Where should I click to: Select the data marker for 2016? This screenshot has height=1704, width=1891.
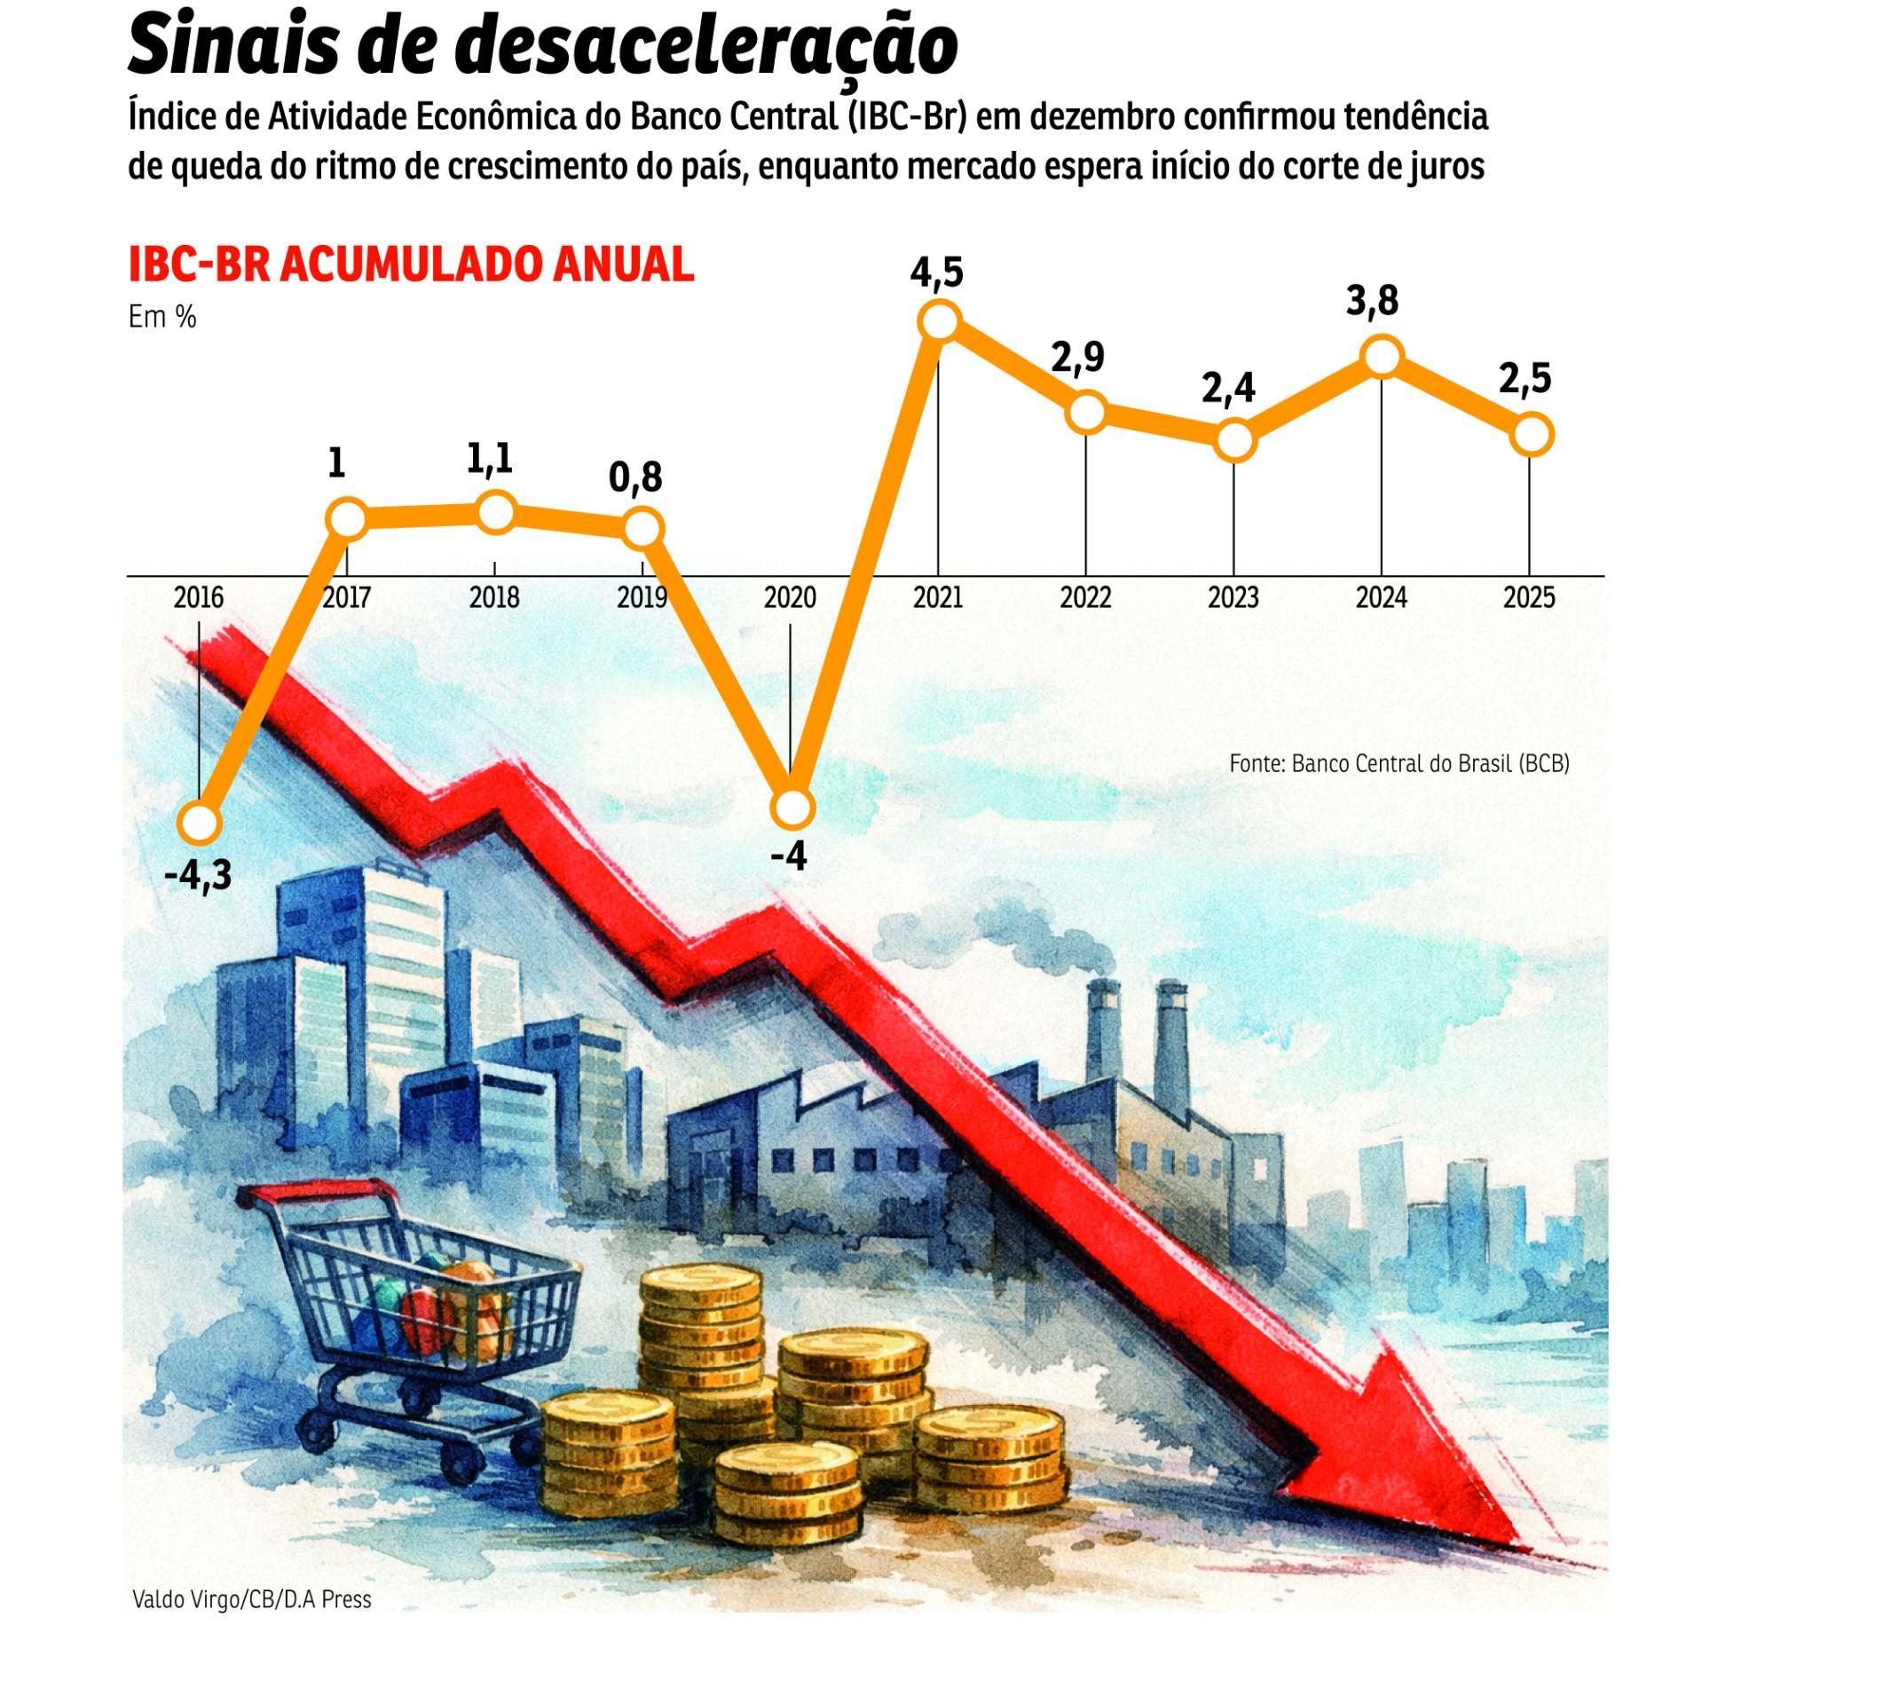tap(200, 823)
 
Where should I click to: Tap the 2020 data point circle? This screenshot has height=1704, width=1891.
tap(792, 807)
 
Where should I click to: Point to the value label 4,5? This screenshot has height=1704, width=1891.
tap(936, 272)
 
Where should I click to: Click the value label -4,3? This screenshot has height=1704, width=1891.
tap(198, 876)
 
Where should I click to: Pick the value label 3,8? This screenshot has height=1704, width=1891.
tap(1373, 302)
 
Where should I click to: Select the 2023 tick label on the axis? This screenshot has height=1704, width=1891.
tap(1233, 597)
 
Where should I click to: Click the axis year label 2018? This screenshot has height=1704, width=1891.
tap(494, 597)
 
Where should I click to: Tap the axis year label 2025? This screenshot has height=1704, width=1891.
tap(1529, 597)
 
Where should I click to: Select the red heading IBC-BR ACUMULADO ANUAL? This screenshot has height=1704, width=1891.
tap(411, 265)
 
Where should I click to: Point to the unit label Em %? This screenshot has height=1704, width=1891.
tap(162, 318)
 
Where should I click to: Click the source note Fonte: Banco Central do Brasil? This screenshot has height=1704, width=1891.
tap(1399, 763)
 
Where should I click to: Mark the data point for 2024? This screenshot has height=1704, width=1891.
tap(1382, 357)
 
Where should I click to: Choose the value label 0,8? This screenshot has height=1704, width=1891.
tap(635, 477)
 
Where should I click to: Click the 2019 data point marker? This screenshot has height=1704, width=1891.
tap(642, 529)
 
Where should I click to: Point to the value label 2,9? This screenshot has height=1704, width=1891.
tap(1077, 358)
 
